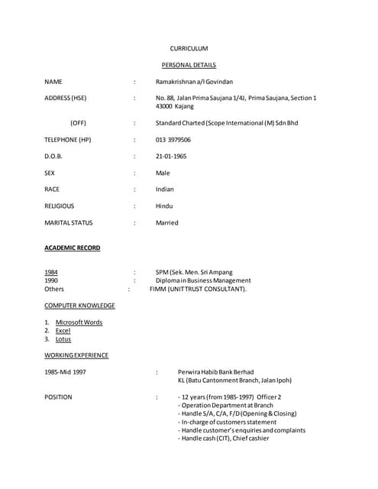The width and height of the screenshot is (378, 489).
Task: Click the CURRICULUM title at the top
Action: pos(189,48)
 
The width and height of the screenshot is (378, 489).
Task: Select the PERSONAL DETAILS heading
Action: pos(189,65)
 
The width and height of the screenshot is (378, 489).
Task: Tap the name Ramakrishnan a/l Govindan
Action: pos(194,81)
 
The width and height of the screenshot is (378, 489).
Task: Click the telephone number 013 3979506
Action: pos(173,140)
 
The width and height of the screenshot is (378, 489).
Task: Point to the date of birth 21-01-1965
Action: pos(171,156)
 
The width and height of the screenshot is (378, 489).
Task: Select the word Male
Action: pos(163,173)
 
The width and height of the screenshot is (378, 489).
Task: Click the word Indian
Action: pos(164,189)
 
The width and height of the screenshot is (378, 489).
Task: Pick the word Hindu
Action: pos(164,206)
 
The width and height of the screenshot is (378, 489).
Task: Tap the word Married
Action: pos(166,222)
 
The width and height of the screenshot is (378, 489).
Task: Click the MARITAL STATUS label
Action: pos(69,222)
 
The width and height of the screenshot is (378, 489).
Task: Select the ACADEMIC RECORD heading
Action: pos(72,248)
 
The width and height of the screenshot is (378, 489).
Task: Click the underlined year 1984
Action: pos(50,272)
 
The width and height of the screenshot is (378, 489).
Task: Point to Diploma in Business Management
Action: pos(203,280)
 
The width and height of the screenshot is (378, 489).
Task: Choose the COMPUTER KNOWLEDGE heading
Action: pos(79,306)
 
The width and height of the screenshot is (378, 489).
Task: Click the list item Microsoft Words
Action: pos(79,322)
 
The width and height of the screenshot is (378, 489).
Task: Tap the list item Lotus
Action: pos(63,339)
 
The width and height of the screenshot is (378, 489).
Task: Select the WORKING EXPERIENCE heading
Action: pos(76,355)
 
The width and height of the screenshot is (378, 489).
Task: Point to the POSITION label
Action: pos(59,397)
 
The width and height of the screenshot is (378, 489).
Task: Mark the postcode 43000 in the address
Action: pos(166,106)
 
